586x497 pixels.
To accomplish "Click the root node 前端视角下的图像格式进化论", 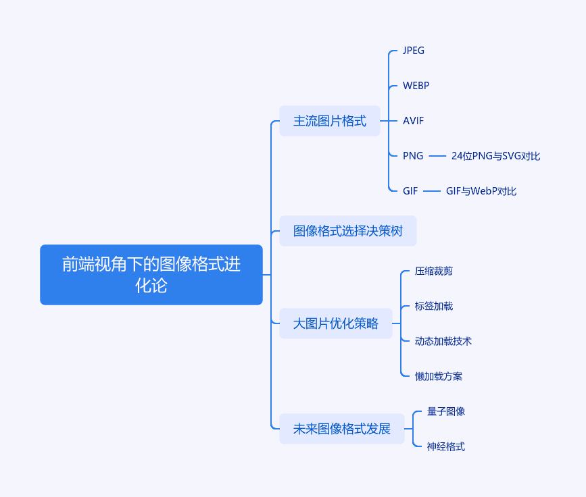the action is point(151,275).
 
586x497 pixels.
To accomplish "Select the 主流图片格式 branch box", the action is point(330,121).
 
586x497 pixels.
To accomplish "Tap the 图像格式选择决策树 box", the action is point(348,231).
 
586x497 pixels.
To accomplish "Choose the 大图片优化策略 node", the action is point(336,323).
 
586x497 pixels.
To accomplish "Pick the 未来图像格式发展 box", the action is point(342,429).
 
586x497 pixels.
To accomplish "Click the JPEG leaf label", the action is point(414,51).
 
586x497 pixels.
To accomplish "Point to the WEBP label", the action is point(416,86).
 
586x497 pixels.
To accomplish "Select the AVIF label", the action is point(414,121).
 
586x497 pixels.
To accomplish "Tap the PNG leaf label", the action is point(413,156).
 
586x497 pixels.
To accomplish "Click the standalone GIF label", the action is point(410,191).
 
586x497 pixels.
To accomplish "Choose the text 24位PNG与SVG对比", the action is point(495,156).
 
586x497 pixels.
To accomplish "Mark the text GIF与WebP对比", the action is point(481,191).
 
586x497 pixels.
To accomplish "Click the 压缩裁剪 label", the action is point(433,271).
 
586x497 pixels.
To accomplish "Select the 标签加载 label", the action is point(433,306).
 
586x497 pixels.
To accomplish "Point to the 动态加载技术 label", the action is point(443,341).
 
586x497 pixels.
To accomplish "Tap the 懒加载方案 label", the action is point(439,376).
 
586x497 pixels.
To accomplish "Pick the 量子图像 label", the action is point(446,411).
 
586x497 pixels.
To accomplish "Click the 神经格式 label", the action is point(446,446).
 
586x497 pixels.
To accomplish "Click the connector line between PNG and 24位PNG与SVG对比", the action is point(437,156).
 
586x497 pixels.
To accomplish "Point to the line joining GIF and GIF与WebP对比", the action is point(432,191).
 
